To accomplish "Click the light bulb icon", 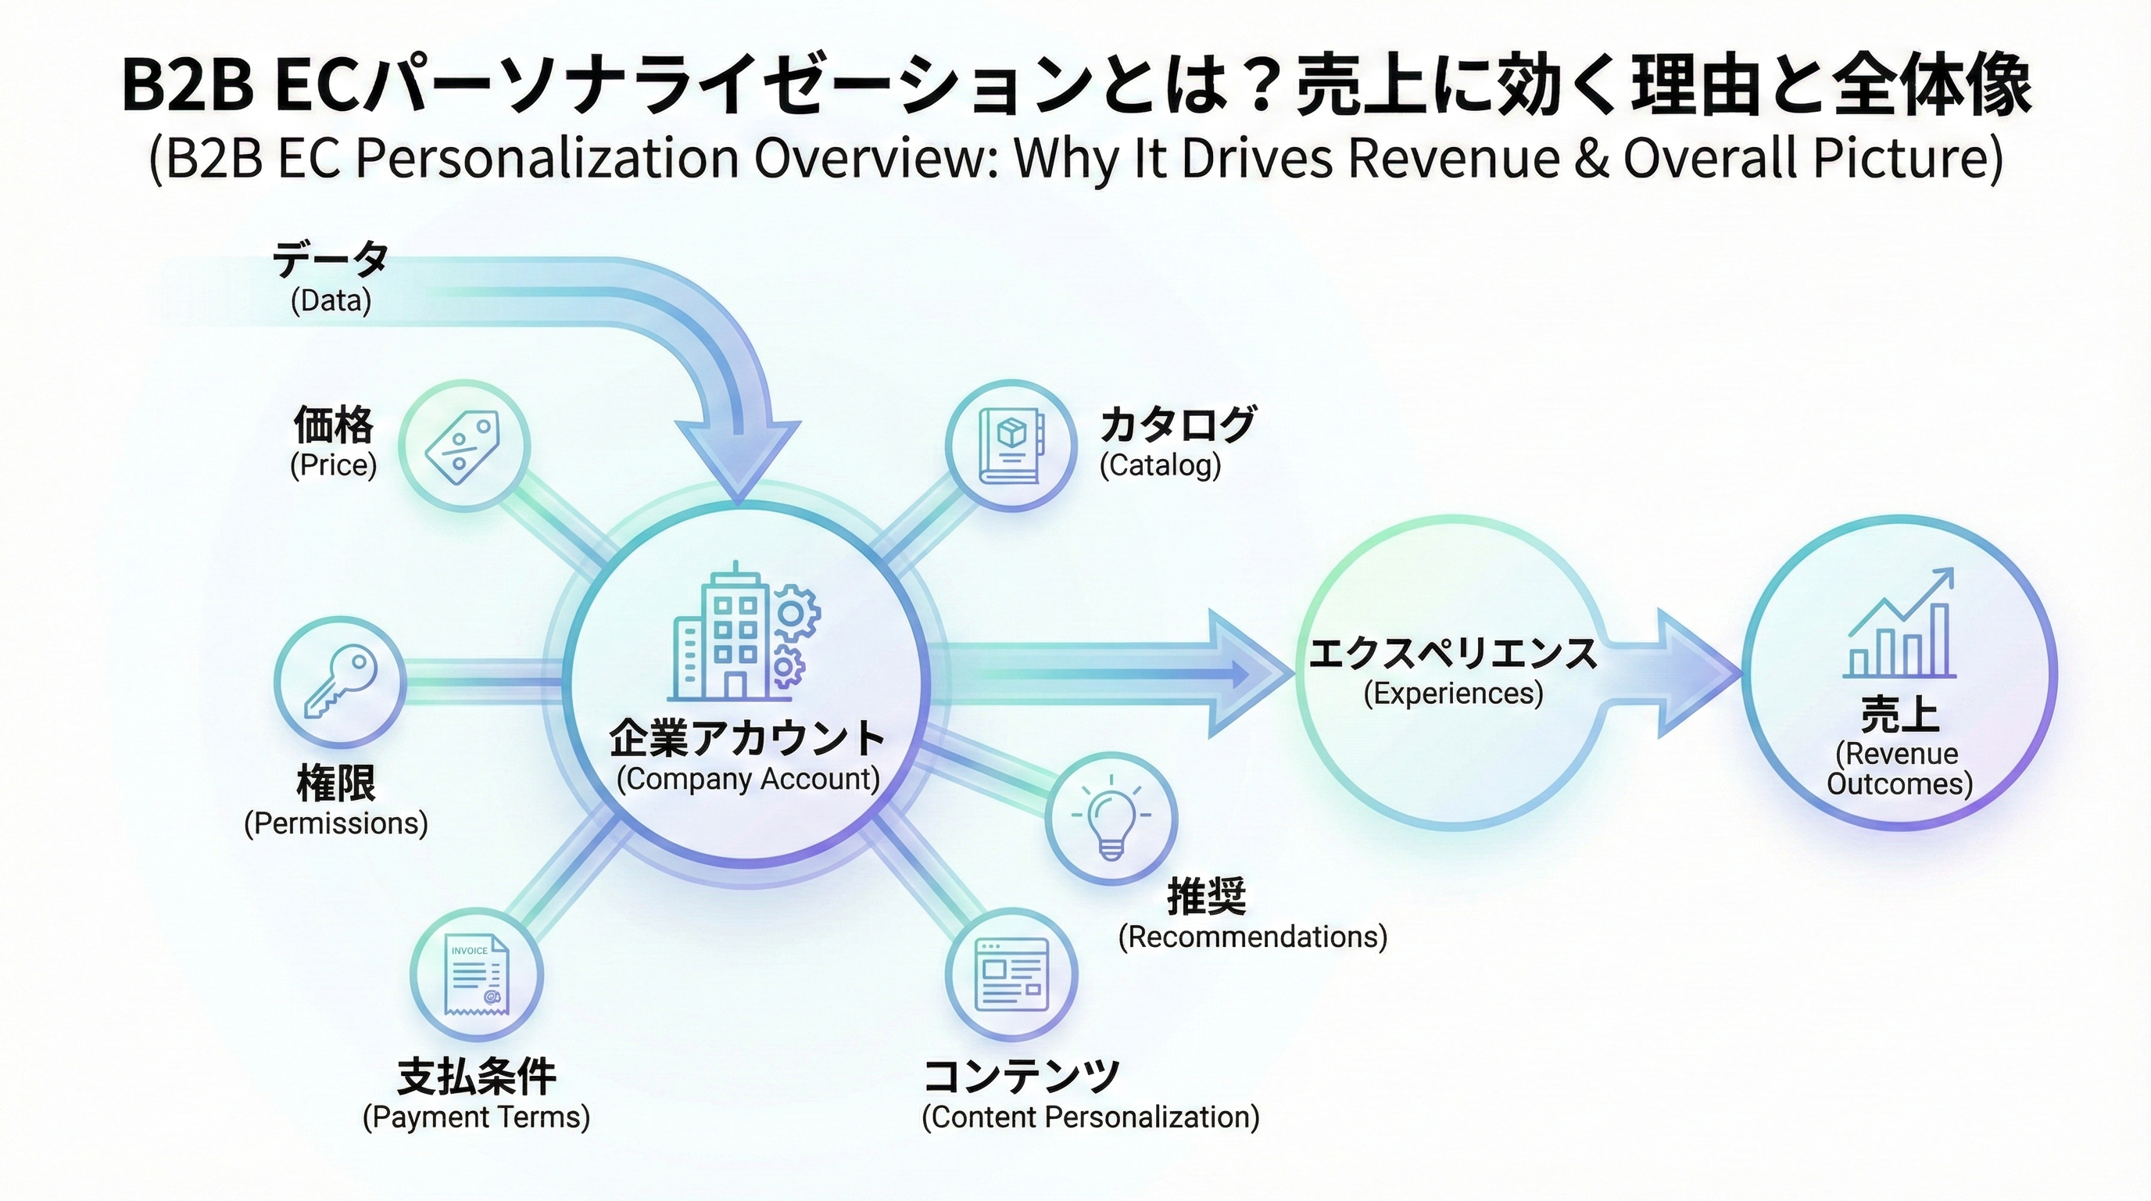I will click(1111, 819).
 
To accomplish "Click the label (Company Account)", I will click(748, 780).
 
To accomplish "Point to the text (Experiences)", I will click(1453, 694).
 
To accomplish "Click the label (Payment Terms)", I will click(476, 1117).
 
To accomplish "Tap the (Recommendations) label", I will click(1252, 936).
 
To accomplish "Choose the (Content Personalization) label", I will click(1090, 1117).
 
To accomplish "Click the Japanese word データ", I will click(331, 259).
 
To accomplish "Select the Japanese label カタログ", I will click(1177, 425).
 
